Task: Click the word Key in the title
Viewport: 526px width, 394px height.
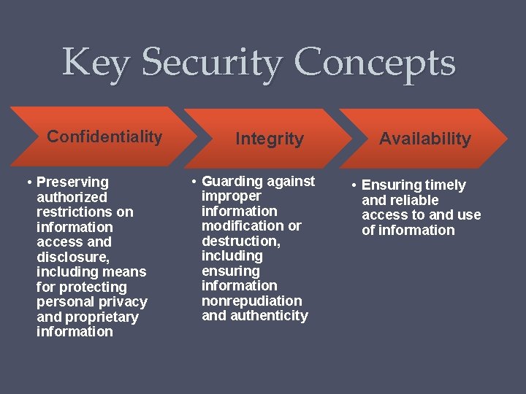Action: point(96,63)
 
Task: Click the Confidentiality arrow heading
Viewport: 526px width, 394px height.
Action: point(104,136)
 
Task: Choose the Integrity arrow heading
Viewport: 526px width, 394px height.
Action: point(270,139)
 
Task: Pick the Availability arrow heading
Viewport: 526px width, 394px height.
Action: point(425,139)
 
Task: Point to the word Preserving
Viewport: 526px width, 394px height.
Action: point(72,182)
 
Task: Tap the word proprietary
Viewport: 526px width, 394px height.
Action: point(101,317)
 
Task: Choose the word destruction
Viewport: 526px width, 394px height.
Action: point(240,241)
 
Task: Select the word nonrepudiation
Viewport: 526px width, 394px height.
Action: point(251,301)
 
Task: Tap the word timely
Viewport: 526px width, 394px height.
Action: point(441,185)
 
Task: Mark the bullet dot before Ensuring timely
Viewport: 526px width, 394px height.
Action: point(352,185)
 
